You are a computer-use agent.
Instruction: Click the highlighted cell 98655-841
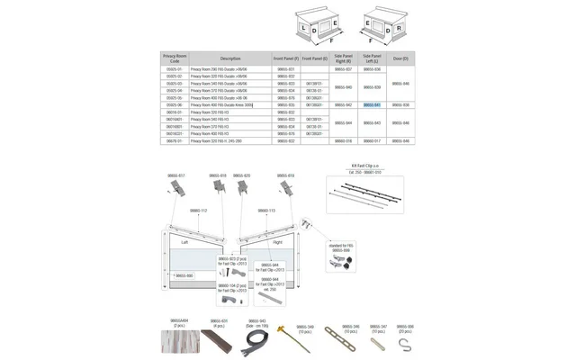pyautogui.click(x=372, y=105)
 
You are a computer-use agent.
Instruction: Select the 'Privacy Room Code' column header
pyautogui.click(x=175, y=58)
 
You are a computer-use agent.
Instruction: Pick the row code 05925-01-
pyautogui.click(x=174, y=69)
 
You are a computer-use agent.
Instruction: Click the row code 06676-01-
pyautogui.click(x=174, y=141)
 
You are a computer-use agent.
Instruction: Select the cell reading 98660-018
pyautogui.click(x=343, y=141)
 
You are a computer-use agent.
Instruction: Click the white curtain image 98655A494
pyautogui.click(x=178, y=341)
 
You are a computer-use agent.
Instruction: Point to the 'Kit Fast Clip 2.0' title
pyautogui.click(x=366, y=166)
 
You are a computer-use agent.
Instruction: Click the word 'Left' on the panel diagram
pyautogui.click(x=184, y=242)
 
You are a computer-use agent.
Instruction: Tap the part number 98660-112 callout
pyautogui.click(x=198, y=211)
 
